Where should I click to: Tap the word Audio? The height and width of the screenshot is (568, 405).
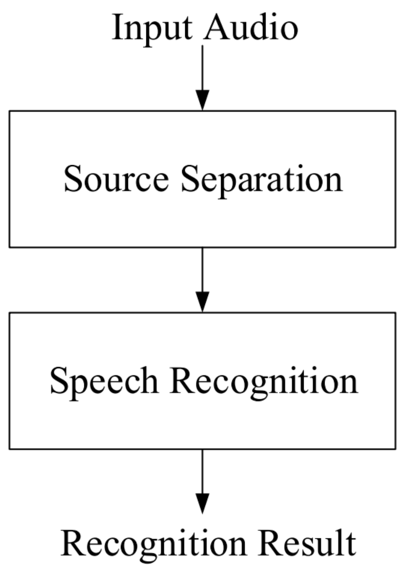252,27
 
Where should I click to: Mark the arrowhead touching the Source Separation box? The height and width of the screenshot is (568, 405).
202,100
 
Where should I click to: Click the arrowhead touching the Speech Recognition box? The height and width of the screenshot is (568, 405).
202,302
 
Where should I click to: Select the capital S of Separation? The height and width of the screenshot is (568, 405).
189,179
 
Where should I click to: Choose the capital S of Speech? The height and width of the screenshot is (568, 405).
59,380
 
